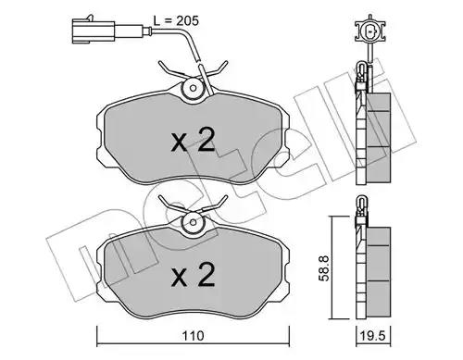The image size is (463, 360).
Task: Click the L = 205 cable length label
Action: pyautogui.click(x=176, y=21)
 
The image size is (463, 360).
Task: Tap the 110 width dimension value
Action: pyautogui.click(x=193, y=336)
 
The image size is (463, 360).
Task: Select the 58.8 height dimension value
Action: pyautogui.click(x=324, y=267)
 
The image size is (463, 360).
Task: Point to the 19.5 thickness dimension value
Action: pyautogui.click(x=373, y=335)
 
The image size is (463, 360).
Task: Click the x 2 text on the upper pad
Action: pyautogui.click(x=194, y=140)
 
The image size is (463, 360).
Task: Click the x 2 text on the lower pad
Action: pyautogui.click(x=194, y=275)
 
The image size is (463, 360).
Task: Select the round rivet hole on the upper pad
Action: pyautogui.click(x=194, y=88)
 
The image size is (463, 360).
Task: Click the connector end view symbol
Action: pyautogui.click(x=369, y=31)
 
